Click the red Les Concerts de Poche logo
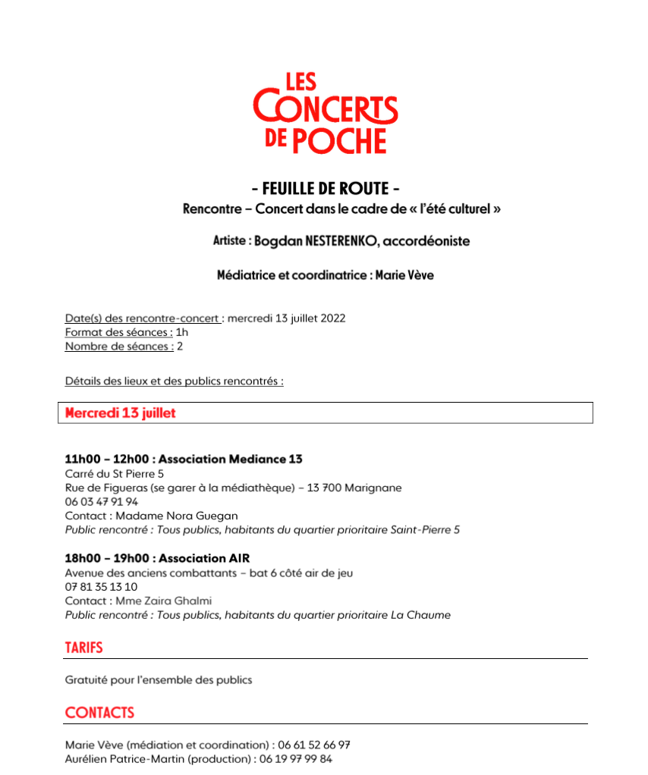325,113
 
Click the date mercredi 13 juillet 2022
286,318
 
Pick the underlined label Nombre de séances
119,347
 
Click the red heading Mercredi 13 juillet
121,413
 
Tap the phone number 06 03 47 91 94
102,501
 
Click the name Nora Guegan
205,516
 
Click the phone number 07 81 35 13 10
102,587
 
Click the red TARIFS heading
83,648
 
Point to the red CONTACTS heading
99,713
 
